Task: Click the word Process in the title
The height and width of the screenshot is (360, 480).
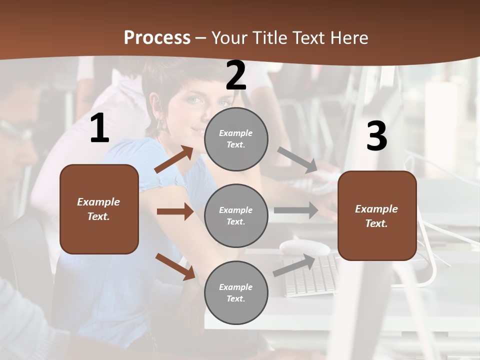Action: coord(157,38)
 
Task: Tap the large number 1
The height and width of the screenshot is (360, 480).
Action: coord(99,128)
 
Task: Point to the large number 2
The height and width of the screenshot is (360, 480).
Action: coord(236,76)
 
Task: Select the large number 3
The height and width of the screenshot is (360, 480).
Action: coord(376,136)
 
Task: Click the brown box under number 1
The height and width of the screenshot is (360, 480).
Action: coord(99,209)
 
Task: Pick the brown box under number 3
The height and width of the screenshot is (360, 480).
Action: coord(377,215)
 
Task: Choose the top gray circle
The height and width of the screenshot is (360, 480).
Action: coord(236,139)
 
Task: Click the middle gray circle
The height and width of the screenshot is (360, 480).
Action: coord(236,215)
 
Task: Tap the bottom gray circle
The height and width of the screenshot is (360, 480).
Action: coord(236,292)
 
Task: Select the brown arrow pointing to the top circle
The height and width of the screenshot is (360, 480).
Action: coord(174,159)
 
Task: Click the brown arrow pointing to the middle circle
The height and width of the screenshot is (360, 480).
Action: coord(175,211)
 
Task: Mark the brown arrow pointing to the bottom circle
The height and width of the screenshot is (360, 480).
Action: coord(175,266)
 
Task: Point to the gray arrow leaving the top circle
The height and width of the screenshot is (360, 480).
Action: coord(297,160)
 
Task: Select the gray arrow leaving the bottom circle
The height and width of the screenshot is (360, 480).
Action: coord(294,265)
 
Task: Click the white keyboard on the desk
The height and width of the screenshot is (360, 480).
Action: coord(312,275)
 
